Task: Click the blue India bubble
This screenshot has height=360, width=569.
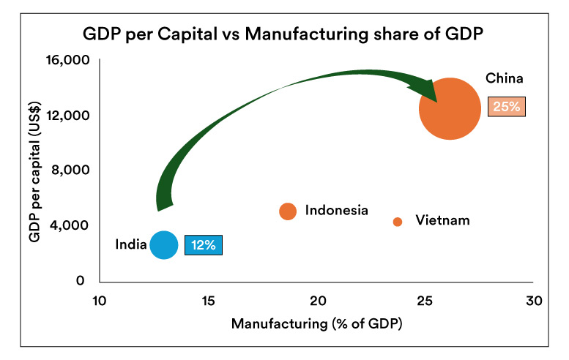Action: coord(163,245)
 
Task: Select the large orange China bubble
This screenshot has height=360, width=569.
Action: coord(450,108)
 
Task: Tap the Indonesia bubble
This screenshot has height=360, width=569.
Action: coord(288,211)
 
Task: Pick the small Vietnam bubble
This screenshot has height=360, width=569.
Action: coord(398,222)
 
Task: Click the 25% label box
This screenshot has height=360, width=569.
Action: coord(506,106)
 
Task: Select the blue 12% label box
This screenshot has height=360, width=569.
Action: coord(203,245)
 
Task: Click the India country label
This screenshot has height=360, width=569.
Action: coord(130,244)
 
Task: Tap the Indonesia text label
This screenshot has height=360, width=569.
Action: coord(336,211)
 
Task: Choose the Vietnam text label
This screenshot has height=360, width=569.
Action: coord(442,220)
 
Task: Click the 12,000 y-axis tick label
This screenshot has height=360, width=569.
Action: coord(68,116)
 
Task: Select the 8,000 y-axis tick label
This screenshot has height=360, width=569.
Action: coord(72,170)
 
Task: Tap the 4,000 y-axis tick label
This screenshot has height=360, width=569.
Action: coord(72,225)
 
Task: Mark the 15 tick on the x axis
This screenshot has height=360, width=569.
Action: coord(208,301)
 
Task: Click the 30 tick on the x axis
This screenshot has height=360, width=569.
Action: coord(534,301)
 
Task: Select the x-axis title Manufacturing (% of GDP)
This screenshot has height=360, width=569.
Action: coord(316,323)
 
